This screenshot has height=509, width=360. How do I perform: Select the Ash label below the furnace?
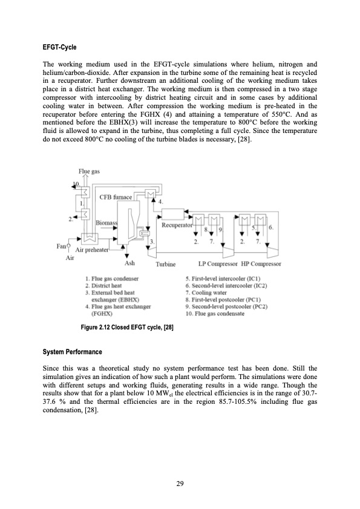(x=129, y=263)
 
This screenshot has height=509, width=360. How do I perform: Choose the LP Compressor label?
(x=219, y=264)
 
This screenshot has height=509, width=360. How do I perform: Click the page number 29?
(x=180, y=483)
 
